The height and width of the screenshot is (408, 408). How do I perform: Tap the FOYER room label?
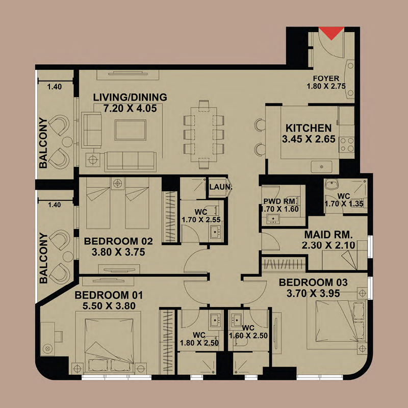tap(326, 78)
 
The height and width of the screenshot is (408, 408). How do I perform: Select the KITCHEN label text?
tap(308, 128)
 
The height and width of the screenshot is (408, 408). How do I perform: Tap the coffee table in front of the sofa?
tap(131, 130)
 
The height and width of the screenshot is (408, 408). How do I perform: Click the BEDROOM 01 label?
tap(109, 295)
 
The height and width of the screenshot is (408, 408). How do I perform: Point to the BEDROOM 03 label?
tap(313, 282)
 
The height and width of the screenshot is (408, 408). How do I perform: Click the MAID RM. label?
tap(328, 235)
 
